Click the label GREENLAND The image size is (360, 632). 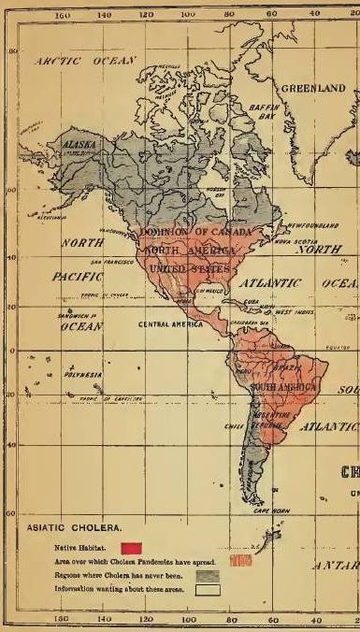tap(313, 88)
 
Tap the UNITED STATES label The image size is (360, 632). tap(190, 269)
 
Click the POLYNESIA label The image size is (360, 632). tap(83, 375)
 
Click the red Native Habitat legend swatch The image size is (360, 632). tap(131, 546)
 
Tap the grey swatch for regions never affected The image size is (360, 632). tap(207, 576)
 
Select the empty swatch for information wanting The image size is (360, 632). tap(207, 590)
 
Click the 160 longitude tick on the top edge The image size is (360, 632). tap(63, 16)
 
